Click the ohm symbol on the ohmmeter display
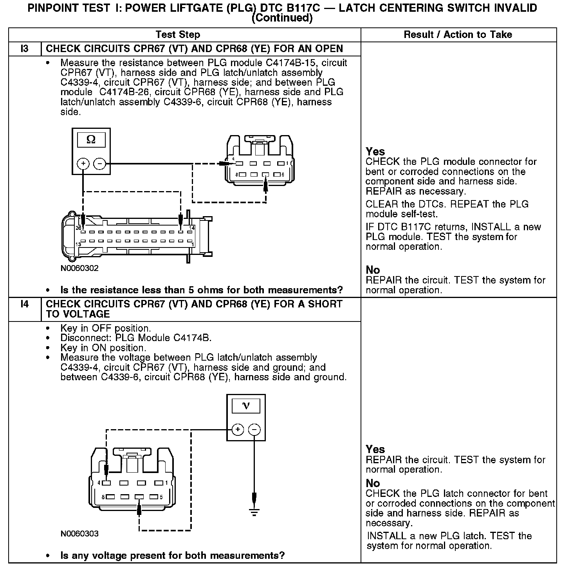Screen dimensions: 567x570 coord(91,139)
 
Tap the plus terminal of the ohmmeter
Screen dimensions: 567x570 coord(83,163)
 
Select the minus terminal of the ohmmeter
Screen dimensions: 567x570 coord(100,163)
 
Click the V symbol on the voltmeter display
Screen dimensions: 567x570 coord(246,406)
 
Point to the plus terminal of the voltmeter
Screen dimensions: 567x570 coord(238,430)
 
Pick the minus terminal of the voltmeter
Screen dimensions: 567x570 coord(254,430)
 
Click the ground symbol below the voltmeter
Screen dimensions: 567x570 coord(254,512)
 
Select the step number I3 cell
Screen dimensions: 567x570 coord(24,49)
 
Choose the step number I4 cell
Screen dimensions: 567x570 coord(24,304)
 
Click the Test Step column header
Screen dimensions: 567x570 coord(178,34)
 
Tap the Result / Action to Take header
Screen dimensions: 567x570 coord(458,34)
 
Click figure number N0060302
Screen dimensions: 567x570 coord(79,268)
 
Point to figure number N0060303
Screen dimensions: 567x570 coord(79,534)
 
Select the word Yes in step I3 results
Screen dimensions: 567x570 coord(375,152)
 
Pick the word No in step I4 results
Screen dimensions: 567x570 coord(373,483)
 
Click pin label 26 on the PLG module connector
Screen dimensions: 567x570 coord(78,228)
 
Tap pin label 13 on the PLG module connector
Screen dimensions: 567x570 coord(78,244)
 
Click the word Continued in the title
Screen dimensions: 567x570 coord(282,18)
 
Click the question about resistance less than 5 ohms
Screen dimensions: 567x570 coord(201,290)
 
